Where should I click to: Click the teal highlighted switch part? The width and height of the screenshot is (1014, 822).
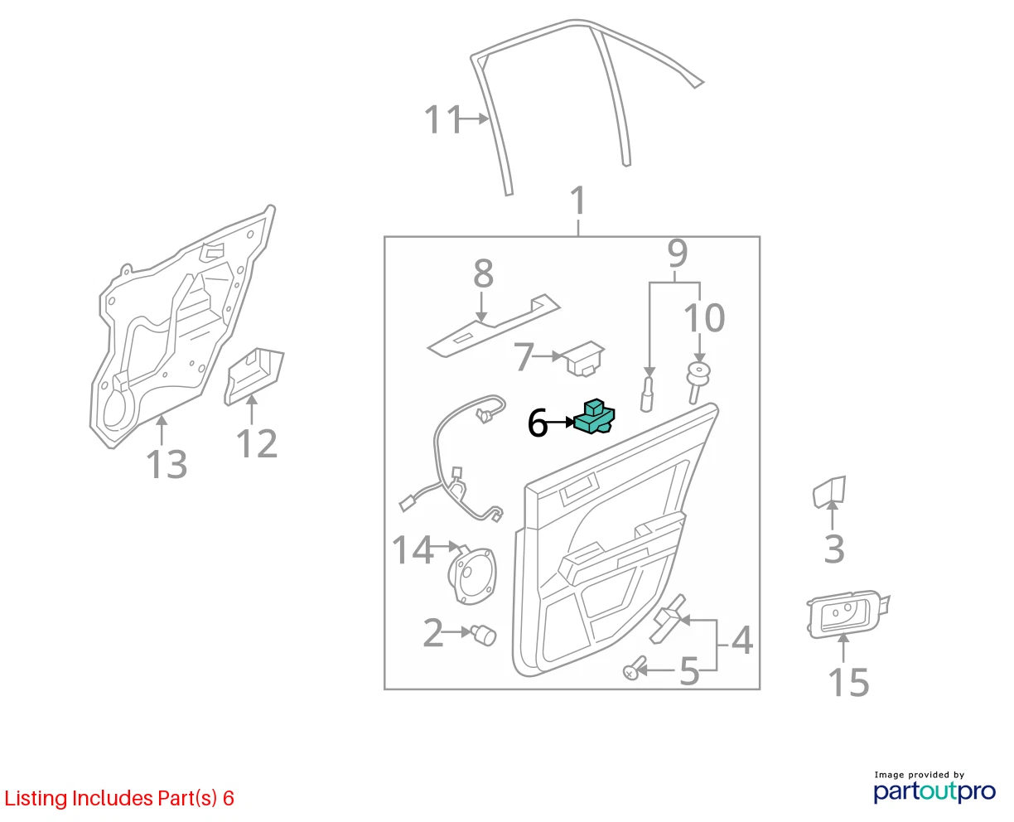coord(594,417)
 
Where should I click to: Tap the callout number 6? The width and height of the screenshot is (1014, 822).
coord(538,423)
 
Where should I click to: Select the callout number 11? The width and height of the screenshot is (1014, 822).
coord(442,119)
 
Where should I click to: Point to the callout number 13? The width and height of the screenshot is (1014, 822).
coord(167,464)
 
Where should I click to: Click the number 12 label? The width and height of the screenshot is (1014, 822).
coord(257,443)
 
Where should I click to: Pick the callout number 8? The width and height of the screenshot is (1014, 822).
coord(483,273)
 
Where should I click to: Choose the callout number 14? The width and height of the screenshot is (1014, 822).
coord(413,549)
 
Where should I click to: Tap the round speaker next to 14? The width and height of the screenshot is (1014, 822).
coord(472,576)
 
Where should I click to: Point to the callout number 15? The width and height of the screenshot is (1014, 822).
coord(848,683)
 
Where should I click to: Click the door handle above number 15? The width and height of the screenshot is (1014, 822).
coord(847,613)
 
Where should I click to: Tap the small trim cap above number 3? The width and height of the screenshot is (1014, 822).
coord(829,492)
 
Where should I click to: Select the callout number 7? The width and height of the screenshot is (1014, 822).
coord(524,356)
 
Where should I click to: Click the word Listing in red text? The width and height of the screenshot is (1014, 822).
coord(36,798)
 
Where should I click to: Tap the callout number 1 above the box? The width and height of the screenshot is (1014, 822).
coord(578,201)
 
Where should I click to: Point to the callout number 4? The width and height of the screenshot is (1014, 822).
coord(741,641)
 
